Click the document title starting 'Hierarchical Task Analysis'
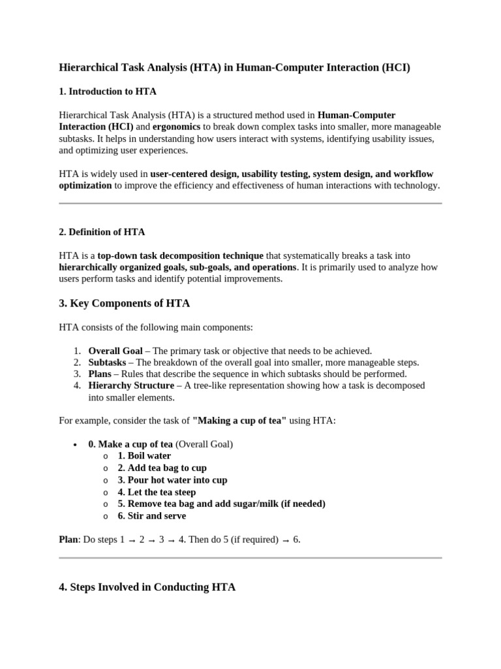234,67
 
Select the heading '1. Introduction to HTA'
108,91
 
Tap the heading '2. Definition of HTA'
102,232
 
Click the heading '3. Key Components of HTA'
124,303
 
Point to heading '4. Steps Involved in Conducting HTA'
147,587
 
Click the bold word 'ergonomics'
177,127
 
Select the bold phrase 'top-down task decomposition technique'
181,255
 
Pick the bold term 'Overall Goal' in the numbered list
115,350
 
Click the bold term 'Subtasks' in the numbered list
107,362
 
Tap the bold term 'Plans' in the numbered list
100,374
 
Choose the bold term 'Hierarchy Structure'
131,385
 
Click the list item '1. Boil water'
144,456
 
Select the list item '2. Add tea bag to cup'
162,468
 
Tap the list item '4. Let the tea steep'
157,492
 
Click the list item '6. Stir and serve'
151,515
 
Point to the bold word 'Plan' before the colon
68,540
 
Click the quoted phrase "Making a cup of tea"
239,421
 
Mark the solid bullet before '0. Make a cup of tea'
74,444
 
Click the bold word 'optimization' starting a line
85,185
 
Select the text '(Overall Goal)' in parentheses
204,444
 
